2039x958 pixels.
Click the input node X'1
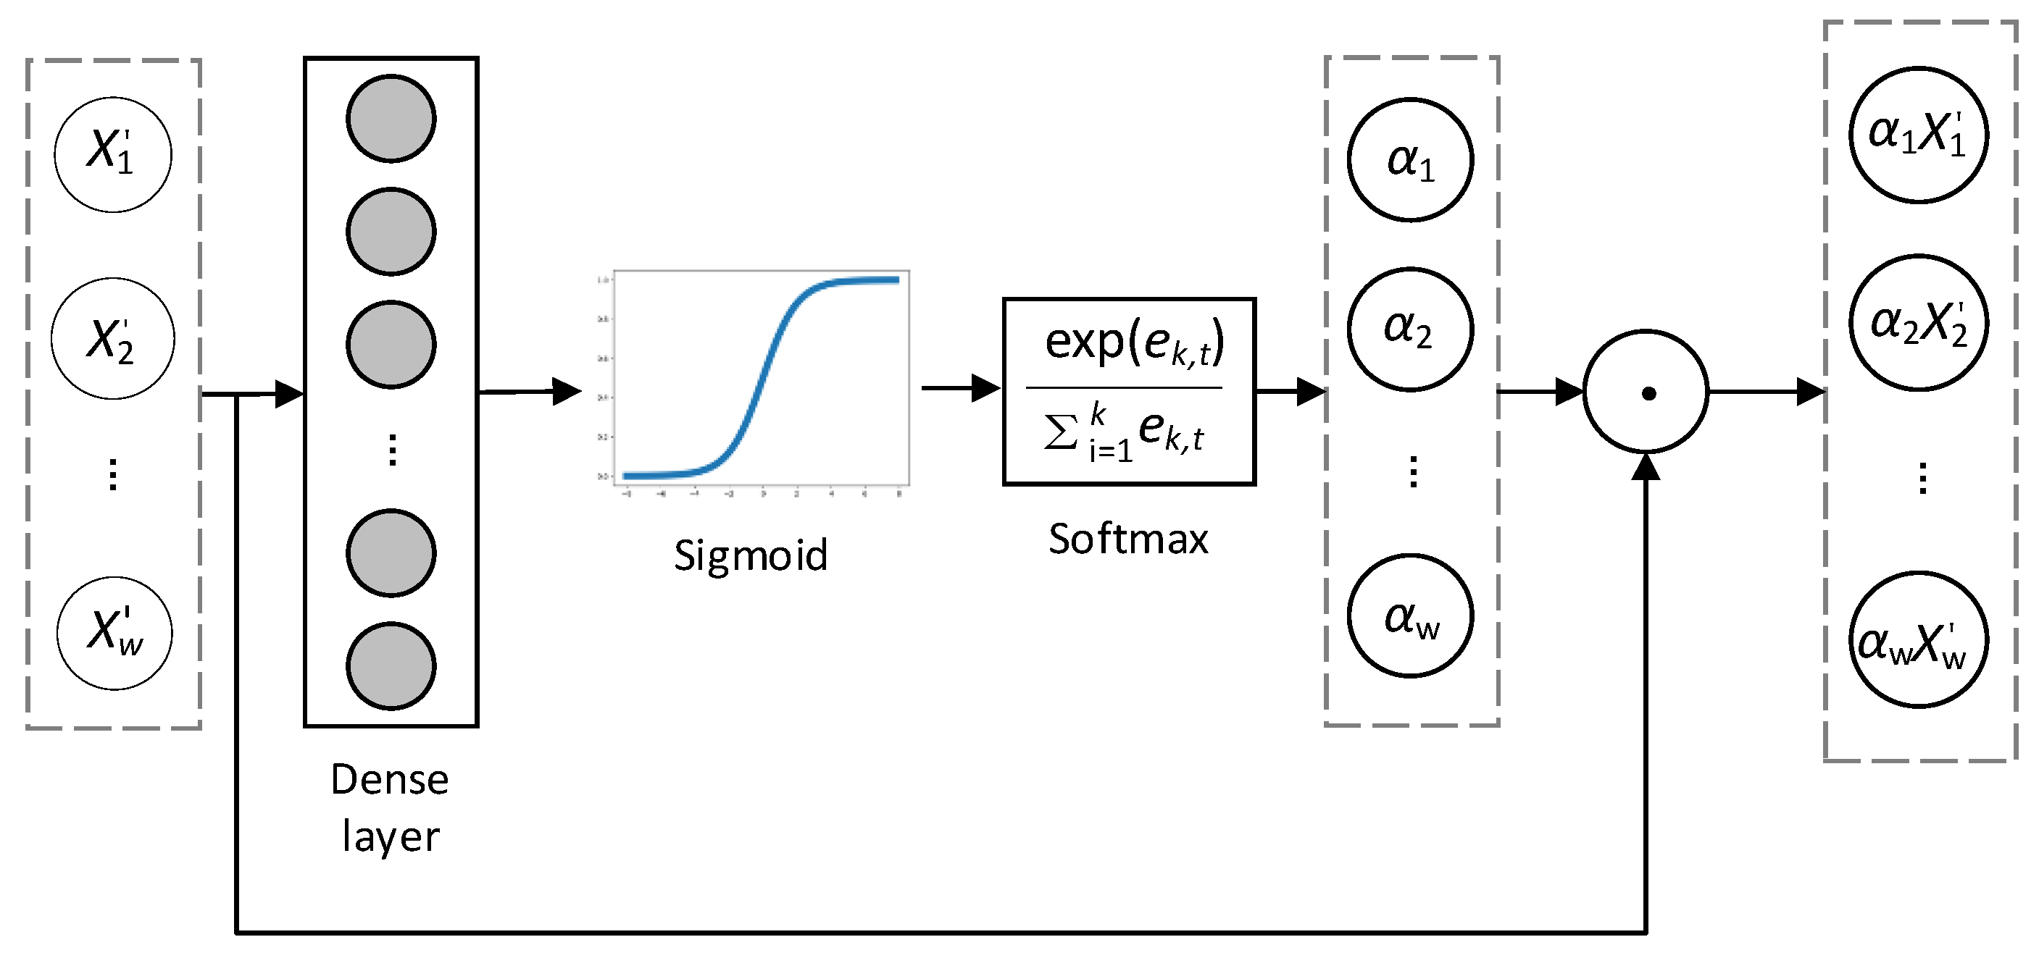[x=113, y=155]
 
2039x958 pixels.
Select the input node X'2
[x=113, y=339]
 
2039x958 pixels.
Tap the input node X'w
[x=114, y=633]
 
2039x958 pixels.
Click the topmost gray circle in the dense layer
[x=391, y=119]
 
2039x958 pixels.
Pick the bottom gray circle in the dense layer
[x=391, y=666]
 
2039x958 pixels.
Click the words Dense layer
[x=391, y=807]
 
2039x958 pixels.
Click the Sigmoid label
[x=751, y=555]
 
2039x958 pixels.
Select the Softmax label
[x=1128, y=539]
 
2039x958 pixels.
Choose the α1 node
[x=1411, y=160]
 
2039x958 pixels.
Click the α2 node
[x=1411, y=329]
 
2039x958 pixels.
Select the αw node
[x=1411, y=616]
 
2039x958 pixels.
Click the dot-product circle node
[x=1646, y=392]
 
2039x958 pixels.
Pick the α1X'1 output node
[x=1919, y=135]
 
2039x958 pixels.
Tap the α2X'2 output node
[x=1919, y=323]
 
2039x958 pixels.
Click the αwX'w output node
[x=1919, y=640]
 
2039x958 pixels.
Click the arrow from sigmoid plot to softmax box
[x=961, y=388]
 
